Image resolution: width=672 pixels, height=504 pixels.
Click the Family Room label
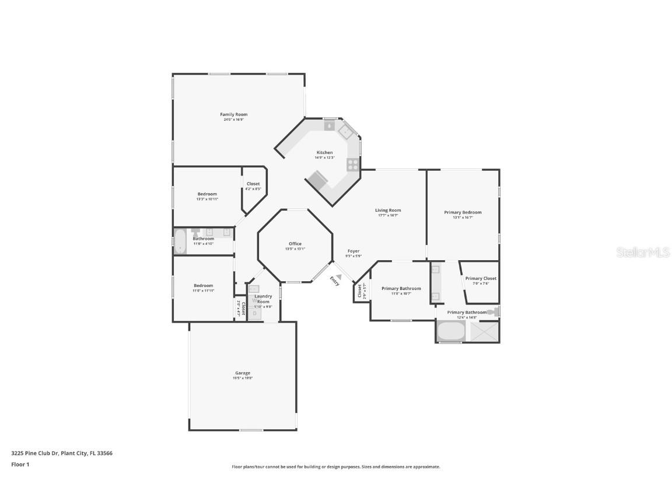[233, 114]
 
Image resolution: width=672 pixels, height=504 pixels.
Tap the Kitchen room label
[324, 152]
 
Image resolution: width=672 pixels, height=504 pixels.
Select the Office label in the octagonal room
[295, 244]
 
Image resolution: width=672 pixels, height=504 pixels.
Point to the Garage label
[243, 373]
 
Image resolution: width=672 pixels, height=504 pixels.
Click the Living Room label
[388, 210]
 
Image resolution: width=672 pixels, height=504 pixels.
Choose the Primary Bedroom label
[463, 212]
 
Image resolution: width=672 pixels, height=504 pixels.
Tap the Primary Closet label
[481, 278]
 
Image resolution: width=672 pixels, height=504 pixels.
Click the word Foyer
[353, 251]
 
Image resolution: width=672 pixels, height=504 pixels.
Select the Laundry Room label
[263, 299]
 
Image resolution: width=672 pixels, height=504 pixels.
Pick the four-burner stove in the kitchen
[353, 164]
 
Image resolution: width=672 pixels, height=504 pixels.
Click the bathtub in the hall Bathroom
[180, 242]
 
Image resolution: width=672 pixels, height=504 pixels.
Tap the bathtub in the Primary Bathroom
[451, 331]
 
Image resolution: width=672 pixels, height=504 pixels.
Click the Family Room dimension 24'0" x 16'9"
[233, 120]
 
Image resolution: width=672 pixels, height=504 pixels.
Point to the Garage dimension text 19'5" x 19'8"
[243, 378]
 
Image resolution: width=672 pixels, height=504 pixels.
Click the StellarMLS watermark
[643, 252]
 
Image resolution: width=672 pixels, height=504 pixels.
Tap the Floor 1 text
[20, 464]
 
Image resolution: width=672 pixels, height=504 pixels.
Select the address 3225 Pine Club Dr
[62, 453]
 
